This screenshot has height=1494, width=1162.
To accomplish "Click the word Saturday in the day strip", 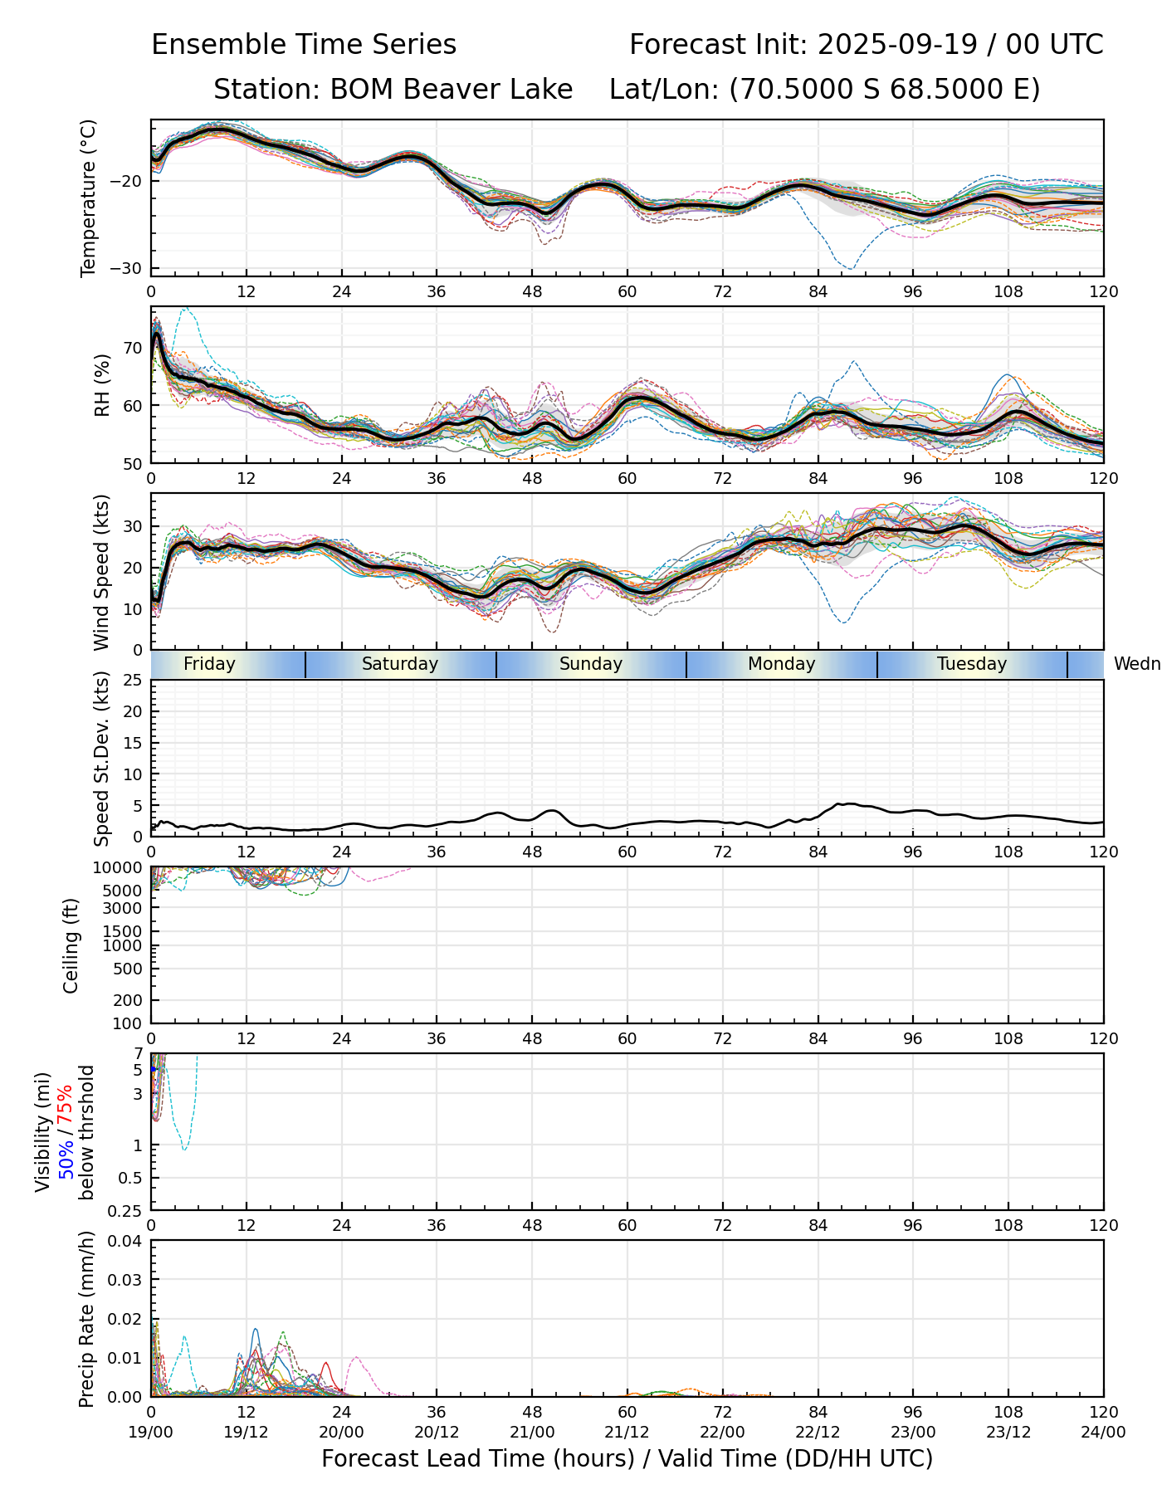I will point(400,664).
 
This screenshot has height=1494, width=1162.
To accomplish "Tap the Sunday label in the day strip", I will point(590,664).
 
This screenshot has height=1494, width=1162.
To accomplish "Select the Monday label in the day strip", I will point(781,664).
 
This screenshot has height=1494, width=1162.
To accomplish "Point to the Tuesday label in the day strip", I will point(972,664).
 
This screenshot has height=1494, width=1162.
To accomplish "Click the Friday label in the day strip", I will point(209,664).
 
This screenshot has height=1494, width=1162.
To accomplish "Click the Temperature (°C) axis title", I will point(89,198).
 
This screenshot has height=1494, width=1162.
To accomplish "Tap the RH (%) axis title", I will point(102,385).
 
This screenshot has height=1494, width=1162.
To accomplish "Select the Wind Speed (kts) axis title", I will point(102,572).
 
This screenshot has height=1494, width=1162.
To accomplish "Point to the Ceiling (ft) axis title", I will point(71,945).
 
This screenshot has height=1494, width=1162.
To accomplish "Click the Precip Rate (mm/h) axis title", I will point(87,1318).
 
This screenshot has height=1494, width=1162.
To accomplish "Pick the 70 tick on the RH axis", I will point(133,348).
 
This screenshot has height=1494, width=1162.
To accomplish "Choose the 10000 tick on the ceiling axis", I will point(120,868).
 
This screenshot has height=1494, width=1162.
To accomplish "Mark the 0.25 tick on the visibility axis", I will point(127,1210).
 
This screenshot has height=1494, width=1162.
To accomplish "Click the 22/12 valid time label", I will point(818,1432).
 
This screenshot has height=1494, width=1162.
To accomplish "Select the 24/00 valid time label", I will point(1103,1432).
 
